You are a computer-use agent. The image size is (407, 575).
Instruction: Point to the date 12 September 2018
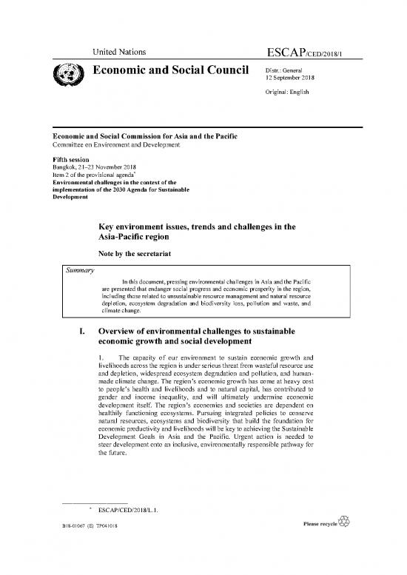(291, 79)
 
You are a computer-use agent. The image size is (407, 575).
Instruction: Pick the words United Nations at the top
(117, 51)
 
